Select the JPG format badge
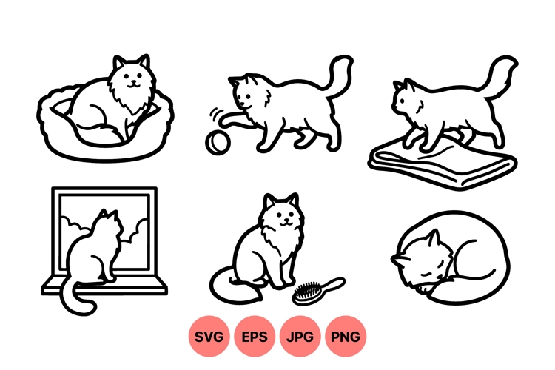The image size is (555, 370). pos(300,337)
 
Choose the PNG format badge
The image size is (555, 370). pos(346,337)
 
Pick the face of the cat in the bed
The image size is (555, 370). pos(132,76)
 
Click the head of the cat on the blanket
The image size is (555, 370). pos(406,101)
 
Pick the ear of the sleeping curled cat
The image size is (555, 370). pos(429,238)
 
